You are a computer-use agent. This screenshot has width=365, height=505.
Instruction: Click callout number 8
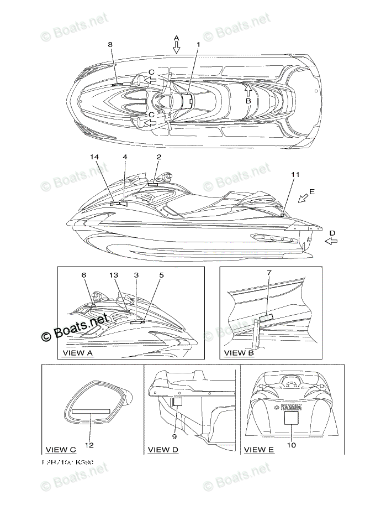tap(110, 44)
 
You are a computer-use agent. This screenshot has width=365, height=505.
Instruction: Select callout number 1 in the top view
tap(198, 44)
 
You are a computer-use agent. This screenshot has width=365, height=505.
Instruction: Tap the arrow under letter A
tap(177, 49)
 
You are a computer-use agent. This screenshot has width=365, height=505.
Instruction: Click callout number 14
tap(94, 157)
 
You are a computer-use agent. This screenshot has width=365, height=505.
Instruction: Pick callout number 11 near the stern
tap(295, 175)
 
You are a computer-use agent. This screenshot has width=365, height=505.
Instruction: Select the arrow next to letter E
tap(301, 199)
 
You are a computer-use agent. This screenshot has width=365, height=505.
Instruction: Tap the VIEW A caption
tap(78, 352)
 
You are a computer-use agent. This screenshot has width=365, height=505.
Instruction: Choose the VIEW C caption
tap(61, 449)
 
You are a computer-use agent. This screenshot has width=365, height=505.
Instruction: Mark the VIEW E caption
tap(259, 449)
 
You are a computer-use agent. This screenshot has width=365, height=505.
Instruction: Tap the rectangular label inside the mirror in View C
tap(91, 412)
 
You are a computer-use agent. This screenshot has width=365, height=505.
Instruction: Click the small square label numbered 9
tap(178, 403)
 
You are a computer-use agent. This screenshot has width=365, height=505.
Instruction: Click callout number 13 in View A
tap(114, 275)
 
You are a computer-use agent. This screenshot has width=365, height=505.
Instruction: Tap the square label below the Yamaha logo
tap(291, 418)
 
